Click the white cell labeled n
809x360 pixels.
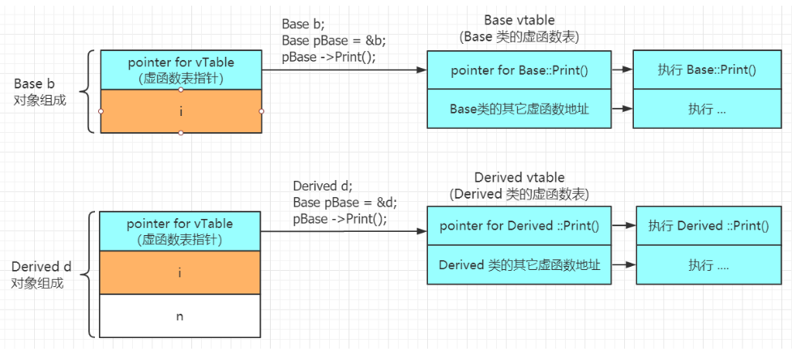pos(179,315)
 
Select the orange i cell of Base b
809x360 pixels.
pos(181,111)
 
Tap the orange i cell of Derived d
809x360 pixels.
pos(179,272)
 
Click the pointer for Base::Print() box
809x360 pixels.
pos(519,70)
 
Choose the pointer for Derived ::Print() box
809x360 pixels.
pos(519,226)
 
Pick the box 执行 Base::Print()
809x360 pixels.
pos(707,70)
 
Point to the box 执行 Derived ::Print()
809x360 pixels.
pos(708,226)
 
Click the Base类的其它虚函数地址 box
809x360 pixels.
pos(519,109)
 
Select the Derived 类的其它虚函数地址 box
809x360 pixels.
pos(519,264)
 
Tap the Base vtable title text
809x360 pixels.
pos(519,20)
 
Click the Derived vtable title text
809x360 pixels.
pos(519,178)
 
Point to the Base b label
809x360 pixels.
pos(35,84)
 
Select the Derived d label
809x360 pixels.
pos(41,267)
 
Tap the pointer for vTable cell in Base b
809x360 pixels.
pos(181,70)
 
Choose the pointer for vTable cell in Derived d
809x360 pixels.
pos(179,231)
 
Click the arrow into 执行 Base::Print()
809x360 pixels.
pos(623,70)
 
